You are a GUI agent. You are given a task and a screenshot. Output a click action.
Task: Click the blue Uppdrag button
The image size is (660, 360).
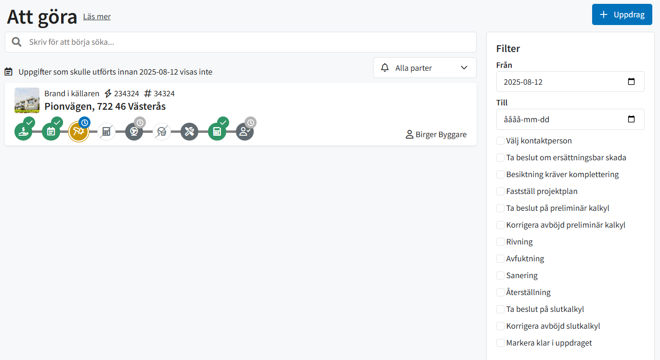tap(621, 15)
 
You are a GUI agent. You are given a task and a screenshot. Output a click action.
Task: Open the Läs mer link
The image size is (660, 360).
tap(97, 16)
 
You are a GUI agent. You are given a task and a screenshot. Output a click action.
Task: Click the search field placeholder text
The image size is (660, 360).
tap(72, 42)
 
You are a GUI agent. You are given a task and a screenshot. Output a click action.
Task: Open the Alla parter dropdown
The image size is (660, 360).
tap(424, 68)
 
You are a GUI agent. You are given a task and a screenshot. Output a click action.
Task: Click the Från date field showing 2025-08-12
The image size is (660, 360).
tap(570, 82)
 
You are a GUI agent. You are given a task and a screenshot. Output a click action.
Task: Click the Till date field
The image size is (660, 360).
tap(570, 119)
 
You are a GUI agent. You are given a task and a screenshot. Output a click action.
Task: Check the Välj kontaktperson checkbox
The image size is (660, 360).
tap(500, 141)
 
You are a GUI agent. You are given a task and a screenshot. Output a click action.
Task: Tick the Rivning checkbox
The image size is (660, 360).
tap(500, 242)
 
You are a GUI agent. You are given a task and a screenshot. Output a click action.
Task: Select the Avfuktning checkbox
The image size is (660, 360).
tap(500, 258)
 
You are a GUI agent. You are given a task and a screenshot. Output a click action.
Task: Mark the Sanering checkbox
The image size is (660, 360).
tap(500, 275)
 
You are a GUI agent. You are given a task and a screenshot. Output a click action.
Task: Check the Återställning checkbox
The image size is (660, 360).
tap(500, 292)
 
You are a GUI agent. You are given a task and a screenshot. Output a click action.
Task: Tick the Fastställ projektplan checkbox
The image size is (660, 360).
tap(500, 191)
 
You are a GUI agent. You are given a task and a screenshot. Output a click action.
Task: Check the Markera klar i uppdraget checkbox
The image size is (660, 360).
tap(500, 343)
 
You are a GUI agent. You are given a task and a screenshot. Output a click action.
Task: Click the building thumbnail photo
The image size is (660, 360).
tap(27, 100)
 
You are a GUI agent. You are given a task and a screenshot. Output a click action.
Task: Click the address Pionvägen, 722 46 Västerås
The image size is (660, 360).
tap(105, 106)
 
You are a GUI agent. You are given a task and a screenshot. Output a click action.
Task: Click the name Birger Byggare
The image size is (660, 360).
tap(440, 135)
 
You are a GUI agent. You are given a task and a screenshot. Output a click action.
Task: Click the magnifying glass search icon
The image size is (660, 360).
tap(17, 42)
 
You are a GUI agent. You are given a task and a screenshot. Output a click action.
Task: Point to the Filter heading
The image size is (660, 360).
tap(508, 49)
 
